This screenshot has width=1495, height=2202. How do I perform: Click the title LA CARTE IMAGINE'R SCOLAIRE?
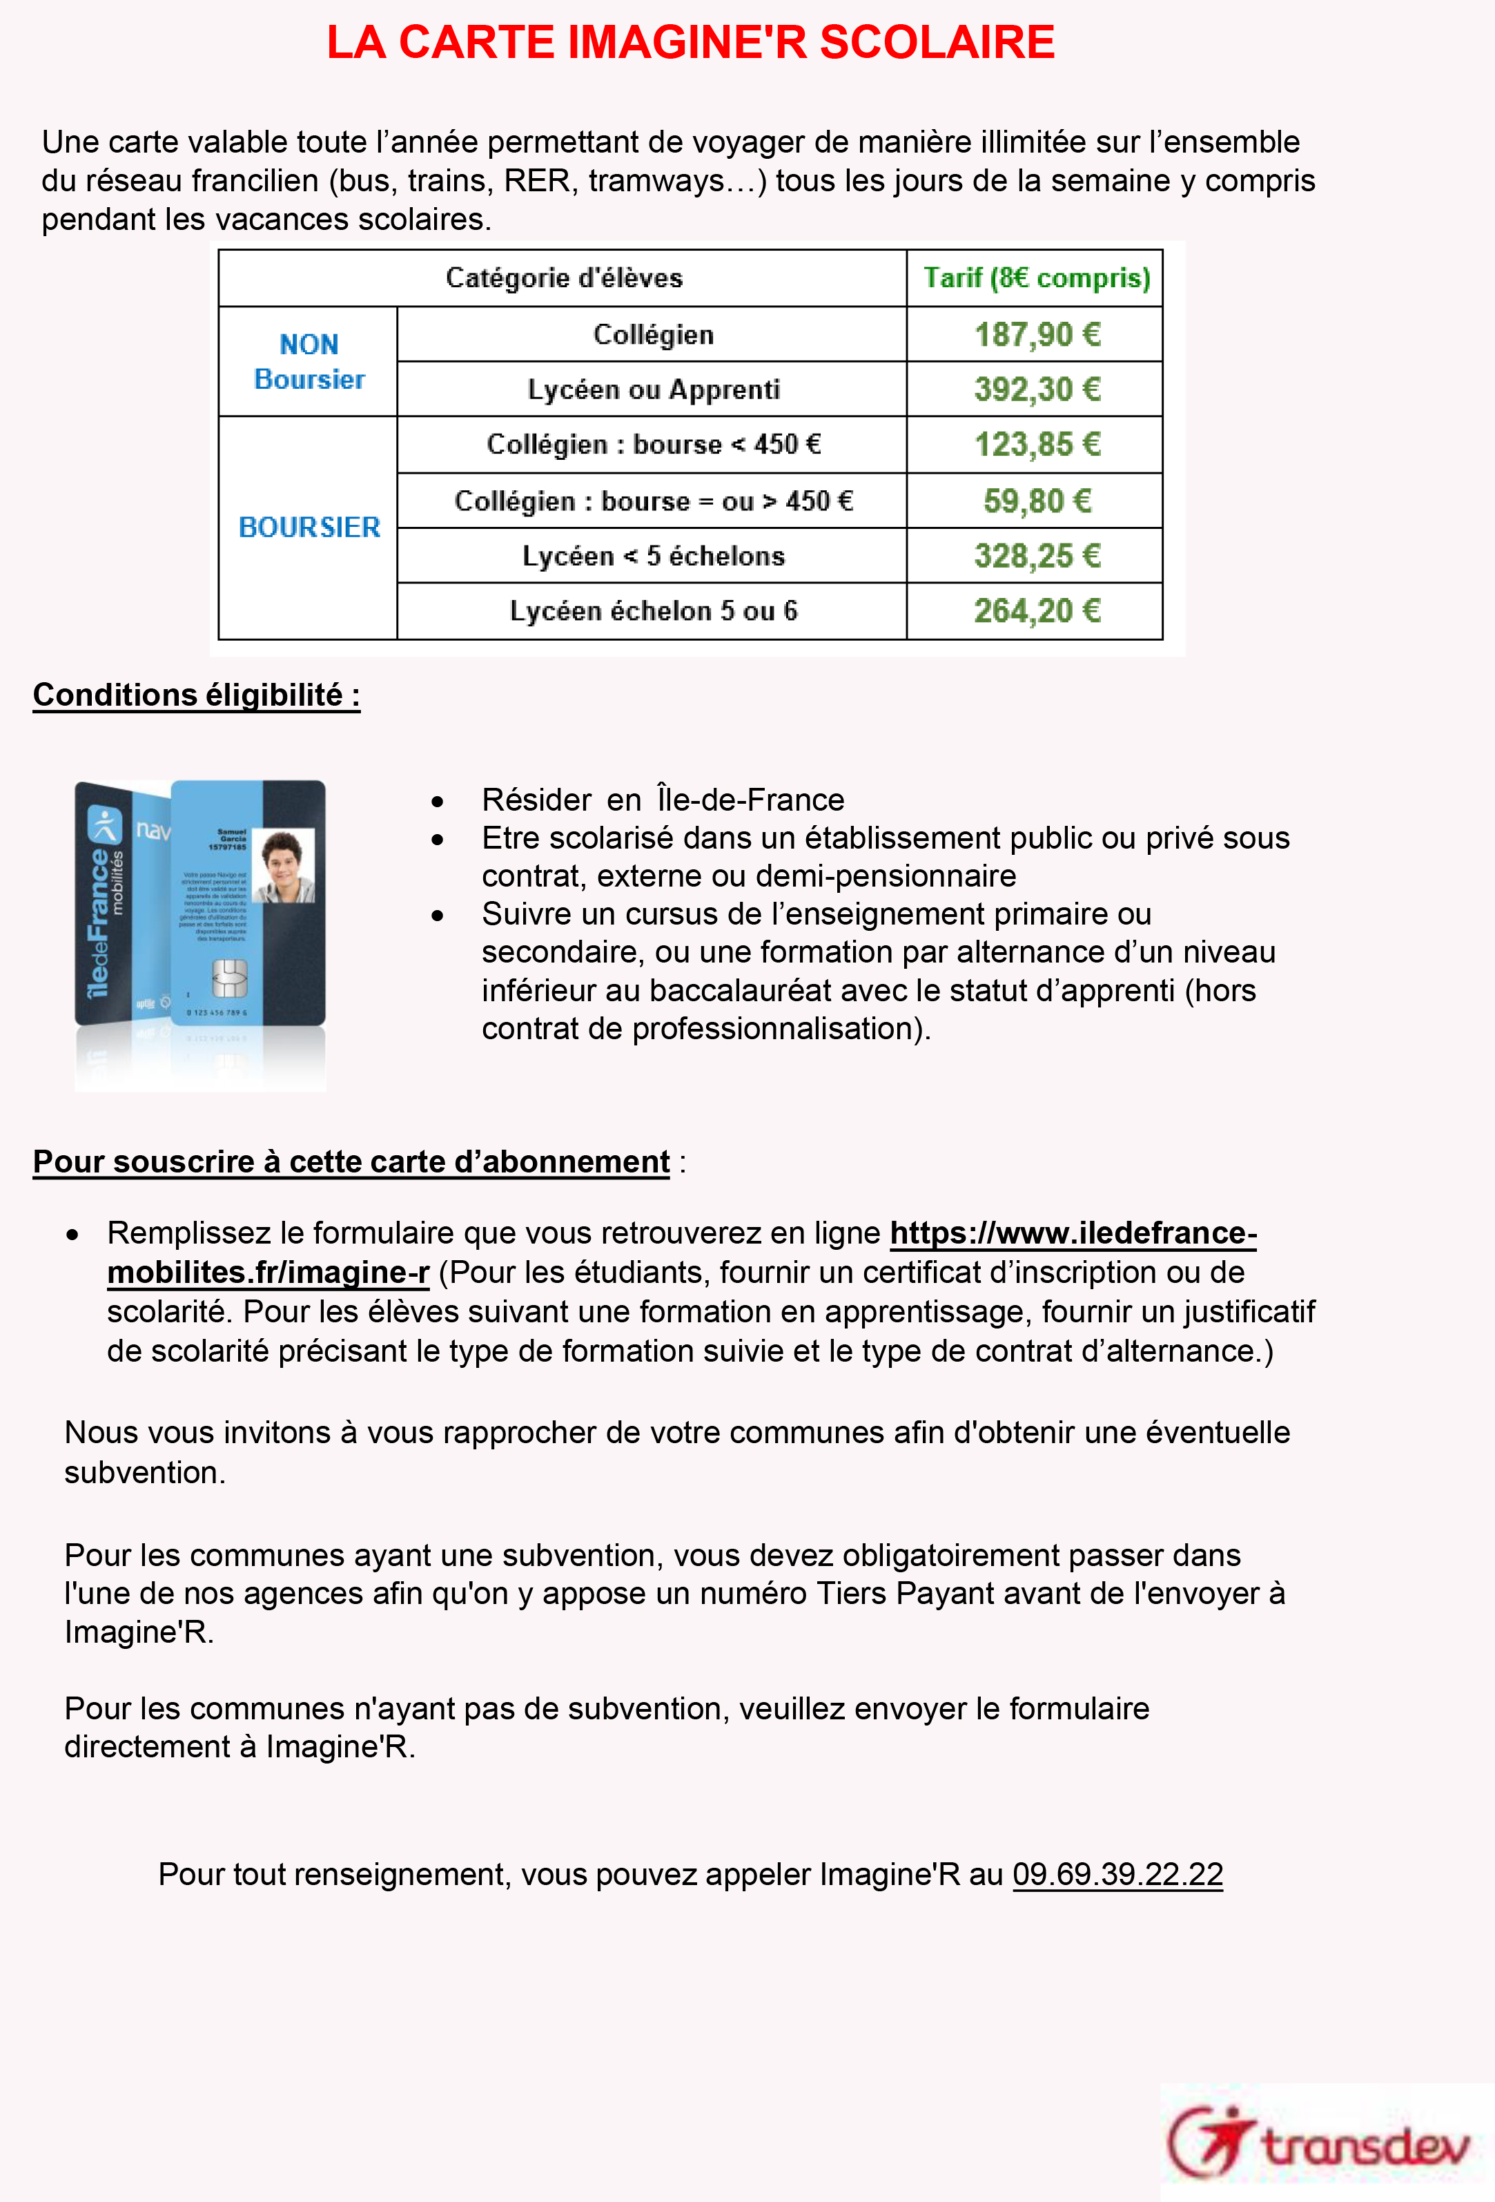tap(691, 43)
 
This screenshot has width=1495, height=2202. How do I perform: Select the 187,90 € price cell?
tap(1037, 334)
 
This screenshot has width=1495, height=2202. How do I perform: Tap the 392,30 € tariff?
tap(1037, 389)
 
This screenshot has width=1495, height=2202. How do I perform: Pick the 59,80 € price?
tap(1037, 501)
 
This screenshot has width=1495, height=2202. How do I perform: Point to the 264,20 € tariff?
tap(1037, 611)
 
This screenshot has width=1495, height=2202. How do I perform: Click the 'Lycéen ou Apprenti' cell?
tap(653, 389)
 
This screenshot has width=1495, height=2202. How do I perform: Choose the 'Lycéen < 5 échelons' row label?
tap(653, 556)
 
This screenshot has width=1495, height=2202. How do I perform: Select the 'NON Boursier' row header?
tap(309, 361)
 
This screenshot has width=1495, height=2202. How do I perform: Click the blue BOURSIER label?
tap(309, 527)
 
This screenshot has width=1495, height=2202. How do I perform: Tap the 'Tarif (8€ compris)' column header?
tap(1037, 278)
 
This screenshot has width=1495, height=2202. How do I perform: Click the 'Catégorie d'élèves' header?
tap(564, 278)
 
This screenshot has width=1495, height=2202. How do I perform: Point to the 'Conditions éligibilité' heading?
tap(196, 695)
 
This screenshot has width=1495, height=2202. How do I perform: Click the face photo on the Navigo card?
tap(286, 865)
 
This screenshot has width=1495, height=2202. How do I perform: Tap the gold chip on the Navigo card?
tap(228, 977)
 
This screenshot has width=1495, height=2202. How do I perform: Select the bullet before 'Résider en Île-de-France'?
tap(437, 802)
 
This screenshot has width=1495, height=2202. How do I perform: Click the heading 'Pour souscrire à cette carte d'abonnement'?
tap(351, 1161)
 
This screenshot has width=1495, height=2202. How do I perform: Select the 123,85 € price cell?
tap(1037, 445)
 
